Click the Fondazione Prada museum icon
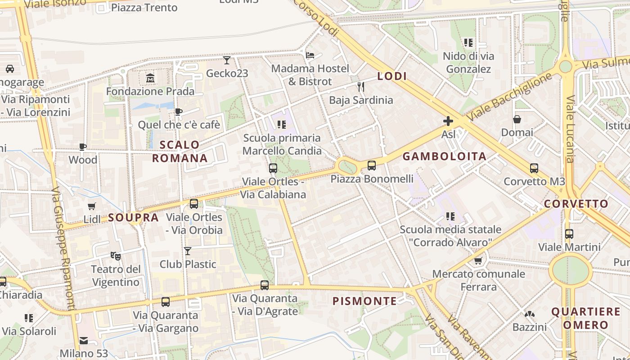tap(150, 78)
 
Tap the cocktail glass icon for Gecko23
tap(227, 60)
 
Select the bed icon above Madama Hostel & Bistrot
tap(310, 55)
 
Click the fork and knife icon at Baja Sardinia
tap(360, 86)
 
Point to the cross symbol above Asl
tap(448, 121)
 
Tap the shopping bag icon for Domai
tap(517, 119)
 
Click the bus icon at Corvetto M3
tap(534, 168)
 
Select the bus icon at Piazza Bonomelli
tap(372, 166)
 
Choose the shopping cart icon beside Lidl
tap(92, 206)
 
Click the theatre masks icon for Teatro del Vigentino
tap(116, 256)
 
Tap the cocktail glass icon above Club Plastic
tap(188, 251)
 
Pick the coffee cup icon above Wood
tap(83, 147)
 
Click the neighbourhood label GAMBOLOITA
tap(444, 157)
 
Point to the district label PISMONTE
tap(364, 301)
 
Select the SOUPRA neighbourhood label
tap(133, 218)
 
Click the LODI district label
tap(392, 76)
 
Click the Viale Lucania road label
tap(570, 129)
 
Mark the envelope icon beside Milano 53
tap(84, 340)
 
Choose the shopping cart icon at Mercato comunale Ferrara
tap(478, 261)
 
